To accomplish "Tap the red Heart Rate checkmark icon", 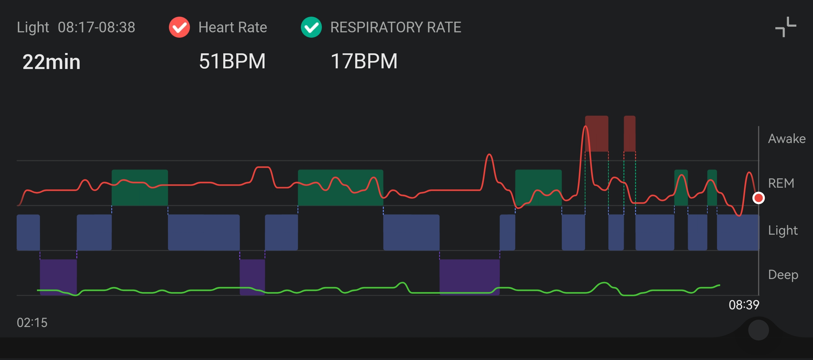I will coord(179,27).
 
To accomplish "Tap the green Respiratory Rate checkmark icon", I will coord(311,27).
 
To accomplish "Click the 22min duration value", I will coord(52,62).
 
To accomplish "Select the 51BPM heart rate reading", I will coord(232,61).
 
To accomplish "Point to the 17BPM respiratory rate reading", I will coord(364,61).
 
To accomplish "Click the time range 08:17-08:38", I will coord(97,27).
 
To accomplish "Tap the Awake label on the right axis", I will coord(787,139).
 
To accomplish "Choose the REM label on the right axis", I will coord(781,183).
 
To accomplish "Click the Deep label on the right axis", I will coord(783,275).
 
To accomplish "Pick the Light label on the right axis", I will coord(783,230).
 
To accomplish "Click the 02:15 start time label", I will coord(32,323).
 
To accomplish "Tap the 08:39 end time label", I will coord(744,305).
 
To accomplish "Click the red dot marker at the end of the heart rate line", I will coord(759,198).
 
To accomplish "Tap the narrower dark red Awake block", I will coord(629,134).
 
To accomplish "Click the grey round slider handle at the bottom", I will coord(758,330).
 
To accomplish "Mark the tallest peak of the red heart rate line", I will coord(585,126).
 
